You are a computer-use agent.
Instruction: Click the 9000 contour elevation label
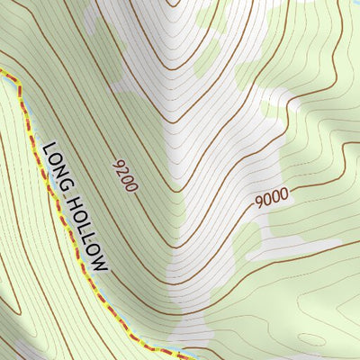click(270, 195)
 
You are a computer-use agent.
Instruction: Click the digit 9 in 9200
click(117, 163)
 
